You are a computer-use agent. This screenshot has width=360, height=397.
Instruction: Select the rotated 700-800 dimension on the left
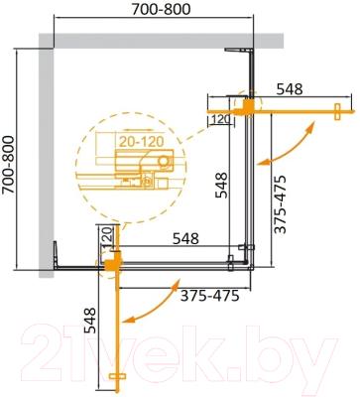pos(10,160)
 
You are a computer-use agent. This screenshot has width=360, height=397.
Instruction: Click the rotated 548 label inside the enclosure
pos(222,189)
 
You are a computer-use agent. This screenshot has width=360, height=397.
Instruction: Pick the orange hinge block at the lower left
pos(113,262)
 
